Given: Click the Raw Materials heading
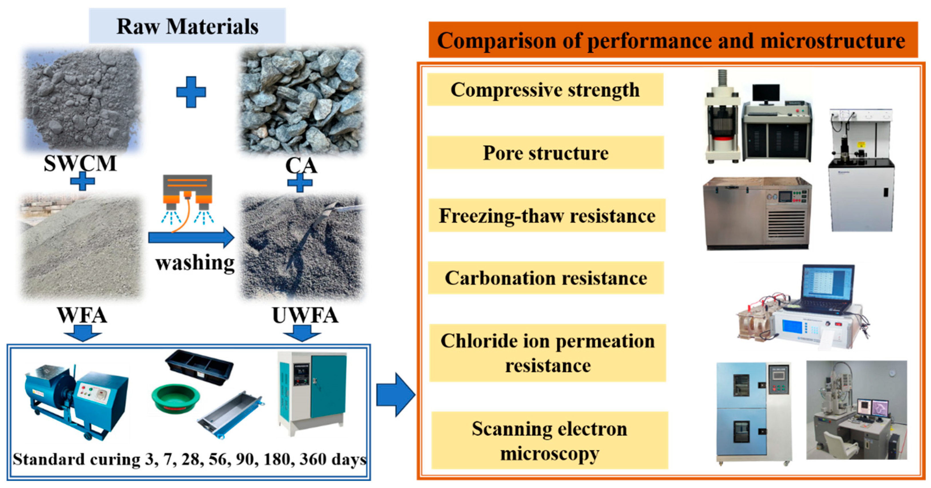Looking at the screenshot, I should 187,26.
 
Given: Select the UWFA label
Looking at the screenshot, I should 305,316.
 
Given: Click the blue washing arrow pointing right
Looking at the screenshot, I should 192,238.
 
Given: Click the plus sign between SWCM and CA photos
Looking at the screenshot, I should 191,92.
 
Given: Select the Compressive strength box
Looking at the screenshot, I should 545,90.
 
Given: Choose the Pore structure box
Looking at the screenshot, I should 545,153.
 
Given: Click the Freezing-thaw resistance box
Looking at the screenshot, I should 547,216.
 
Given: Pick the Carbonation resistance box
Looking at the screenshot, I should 546,278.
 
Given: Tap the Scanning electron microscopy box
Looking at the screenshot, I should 549,441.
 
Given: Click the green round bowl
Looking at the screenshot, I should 175,398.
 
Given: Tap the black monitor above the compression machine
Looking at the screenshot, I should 766,93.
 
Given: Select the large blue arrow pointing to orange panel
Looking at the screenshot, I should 395,395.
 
